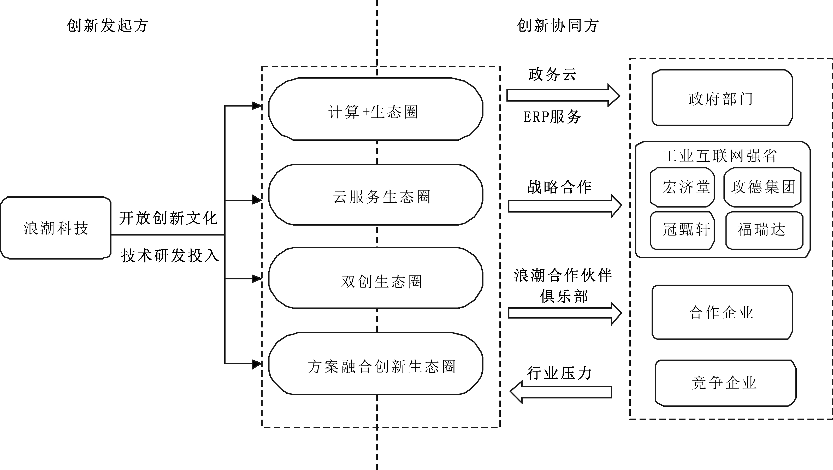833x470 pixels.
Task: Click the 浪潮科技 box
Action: pyautogui.click(x=56, y=228)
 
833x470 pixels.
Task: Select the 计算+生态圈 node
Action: pyautogui.click(x=376, y=109)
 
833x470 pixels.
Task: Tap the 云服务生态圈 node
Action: pyautogui.click(x=376, y=195)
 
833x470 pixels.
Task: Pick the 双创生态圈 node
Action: pyautogui.click(x=376, y=278)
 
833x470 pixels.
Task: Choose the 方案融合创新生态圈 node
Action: pyautogui.click(x=376, y=363)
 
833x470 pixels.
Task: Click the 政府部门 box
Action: pyautogui.click(x=722, y=98)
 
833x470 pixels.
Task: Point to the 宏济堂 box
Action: pyautogui.click(x=682, y=187)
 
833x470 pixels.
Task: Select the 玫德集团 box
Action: pyautogui.click(x=763, y=187)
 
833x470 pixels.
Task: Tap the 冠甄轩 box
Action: pyautogui.click(x=682, y=231)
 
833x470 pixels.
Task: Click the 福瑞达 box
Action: pyautogui.click(x=764, y=231)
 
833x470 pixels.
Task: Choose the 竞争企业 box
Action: pyautogui.click(x=725, y=383)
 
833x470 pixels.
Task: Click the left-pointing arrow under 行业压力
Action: pyautogui.click(x=561, y=392)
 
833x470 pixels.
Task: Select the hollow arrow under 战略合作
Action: pyautogui.click(x=565, y=206)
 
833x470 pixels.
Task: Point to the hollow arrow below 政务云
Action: pyautogui.click(x=563, y=95)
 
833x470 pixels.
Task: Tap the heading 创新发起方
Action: pyautogui.click(x=107, y=26)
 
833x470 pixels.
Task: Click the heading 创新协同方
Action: pyautogui.click(x=558, y=26)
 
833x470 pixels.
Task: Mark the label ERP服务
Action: pyautogui.click(x=552, y=117)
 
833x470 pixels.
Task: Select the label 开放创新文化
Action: pyautogui.click(x=168, y=218)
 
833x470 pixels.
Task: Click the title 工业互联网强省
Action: pyautogui.click(x=720, y=156)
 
